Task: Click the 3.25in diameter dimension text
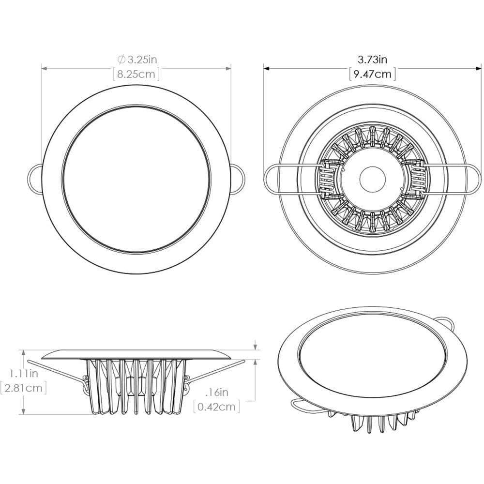click(141, 60)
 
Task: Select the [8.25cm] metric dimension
click(136, 74)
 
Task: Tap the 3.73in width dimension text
click(372, 60)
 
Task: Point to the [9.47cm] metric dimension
click(372, 74)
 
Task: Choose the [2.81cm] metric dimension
click(24, 388)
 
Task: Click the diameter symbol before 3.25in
click(121, 60)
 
